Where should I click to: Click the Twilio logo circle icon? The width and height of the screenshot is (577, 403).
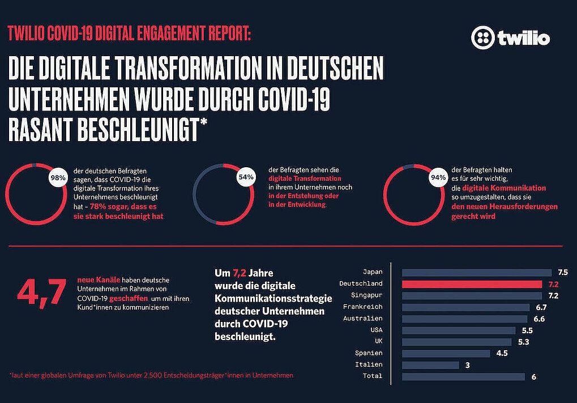(483, 37)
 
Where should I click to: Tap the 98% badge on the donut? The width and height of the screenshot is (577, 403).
(57, 177)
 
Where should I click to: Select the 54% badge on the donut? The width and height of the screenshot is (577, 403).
(245, 177)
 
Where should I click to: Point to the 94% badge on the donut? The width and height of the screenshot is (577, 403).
(437, 177)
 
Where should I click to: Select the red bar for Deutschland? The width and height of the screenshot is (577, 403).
(472, 284)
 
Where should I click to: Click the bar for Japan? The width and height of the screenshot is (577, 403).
(476, 272)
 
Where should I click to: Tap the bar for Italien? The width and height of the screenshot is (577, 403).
(430, 365)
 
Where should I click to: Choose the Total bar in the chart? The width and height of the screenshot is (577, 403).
(463, 376)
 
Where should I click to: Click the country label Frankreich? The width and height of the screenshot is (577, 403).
(362, 307)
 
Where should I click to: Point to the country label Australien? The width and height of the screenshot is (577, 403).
(362, 319)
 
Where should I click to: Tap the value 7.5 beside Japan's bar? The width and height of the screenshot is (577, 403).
(562, 272)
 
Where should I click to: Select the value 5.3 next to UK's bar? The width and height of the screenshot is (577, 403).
(523, 342)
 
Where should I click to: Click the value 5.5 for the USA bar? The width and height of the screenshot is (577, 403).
(527, 330)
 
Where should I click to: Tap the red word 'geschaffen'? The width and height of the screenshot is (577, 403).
(129, 298)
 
